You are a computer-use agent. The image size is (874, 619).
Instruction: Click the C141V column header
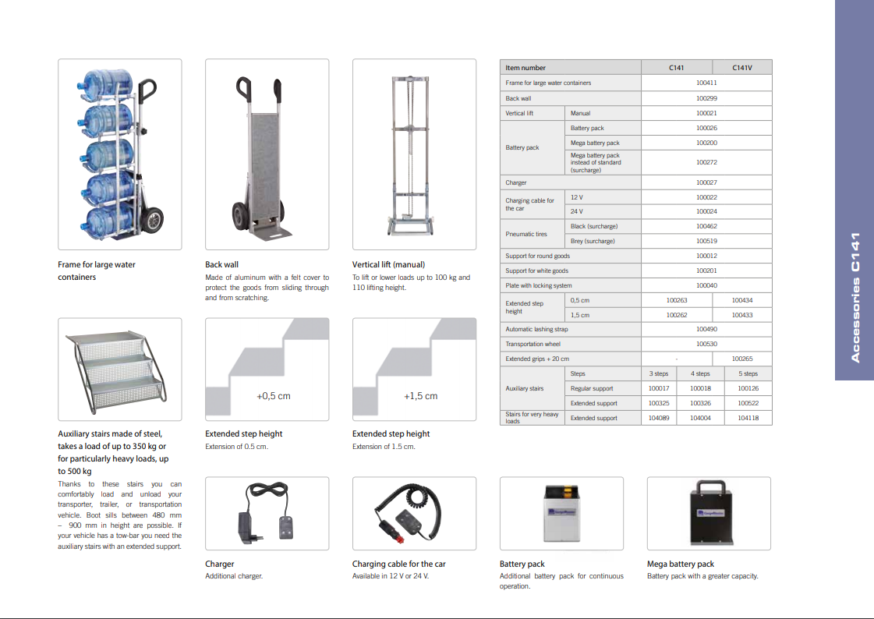tap(742, 68)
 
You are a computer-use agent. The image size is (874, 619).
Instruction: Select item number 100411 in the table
tap(706, 83)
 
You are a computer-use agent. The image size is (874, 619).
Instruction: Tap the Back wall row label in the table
tap(518, 99)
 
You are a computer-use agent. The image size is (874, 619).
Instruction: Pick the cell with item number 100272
tap(706, 162)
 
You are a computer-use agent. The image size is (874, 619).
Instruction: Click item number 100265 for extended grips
tap(742, 359)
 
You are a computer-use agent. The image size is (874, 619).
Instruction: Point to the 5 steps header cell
tap(748, 373)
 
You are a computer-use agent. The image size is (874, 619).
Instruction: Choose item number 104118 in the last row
tap(748, 418)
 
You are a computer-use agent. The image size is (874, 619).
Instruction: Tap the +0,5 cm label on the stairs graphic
tap(273, 396)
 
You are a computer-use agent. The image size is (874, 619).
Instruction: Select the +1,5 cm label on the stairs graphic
tap(420, 396)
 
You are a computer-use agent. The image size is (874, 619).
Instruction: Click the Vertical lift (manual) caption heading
tap(388, 264)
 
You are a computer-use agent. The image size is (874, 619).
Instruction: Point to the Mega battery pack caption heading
tap(680, 564)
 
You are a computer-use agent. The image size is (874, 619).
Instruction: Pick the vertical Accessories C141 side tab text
tap(855, 297)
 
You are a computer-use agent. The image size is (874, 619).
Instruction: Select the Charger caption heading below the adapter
tap(219, 564)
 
